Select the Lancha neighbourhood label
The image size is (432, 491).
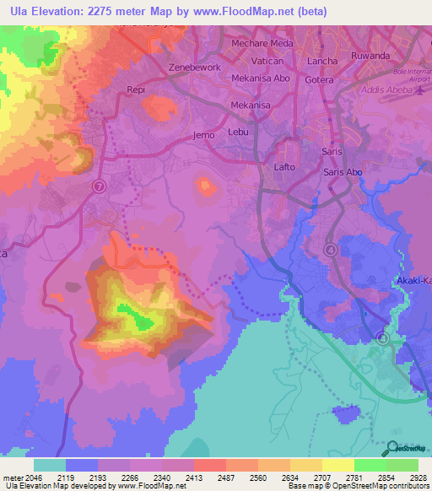tap(322, 61)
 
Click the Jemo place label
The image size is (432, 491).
tap(204, 134)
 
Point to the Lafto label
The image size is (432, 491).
tap(285, 167)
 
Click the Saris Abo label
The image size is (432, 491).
tap(343, 172)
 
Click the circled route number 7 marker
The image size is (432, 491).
tap(100, 187)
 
